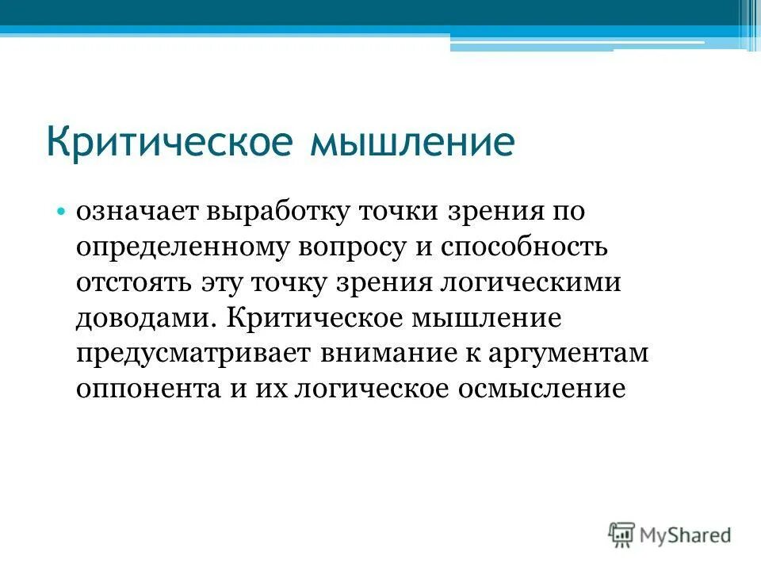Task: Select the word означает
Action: tap(136, 213)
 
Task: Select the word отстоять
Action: tap(132, 283)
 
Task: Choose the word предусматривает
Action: tap(193, 354)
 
